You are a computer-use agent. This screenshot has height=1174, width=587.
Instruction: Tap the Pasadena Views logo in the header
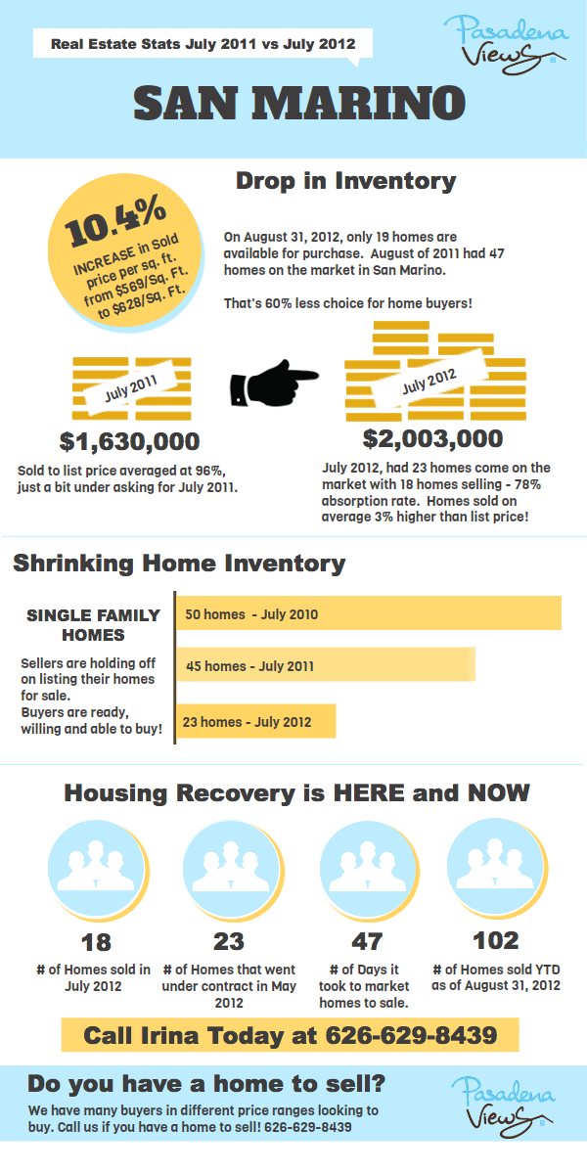(507, 42)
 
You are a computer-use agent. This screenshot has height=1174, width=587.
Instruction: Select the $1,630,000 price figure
(129, 441)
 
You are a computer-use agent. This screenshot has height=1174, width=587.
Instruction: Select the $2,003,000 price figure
(432, 438)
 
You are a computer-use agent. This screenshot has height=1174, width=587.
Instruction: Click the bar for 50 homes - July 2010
(368, 614)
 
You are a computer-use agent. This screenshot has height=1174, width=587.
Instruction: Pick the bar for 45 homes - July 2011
(325, 665)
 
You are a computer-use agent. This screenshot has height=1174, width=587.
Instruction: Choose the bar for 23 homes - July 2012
(255, 722)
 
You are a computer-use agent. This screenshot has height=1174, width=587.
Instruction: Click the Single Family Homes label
(93, 624)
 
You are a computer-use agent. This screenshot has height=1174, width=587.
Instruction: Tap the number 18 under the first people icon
(97, 943)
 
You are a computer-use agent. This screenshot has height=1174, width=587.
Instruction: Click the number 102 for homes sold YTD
(495, 941)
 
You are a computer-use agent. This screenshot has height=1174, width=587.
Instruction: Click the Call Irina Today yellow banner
(290, 1035)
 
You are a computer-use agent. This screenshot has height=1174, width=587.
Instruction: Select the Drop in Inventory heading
(345, 181)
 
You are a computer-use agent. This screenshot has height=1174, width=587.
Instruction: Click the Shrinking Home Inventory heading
(179, 564)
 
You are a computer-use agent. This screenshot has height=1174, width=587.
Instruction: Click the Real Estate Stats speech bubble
(202, 45)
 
